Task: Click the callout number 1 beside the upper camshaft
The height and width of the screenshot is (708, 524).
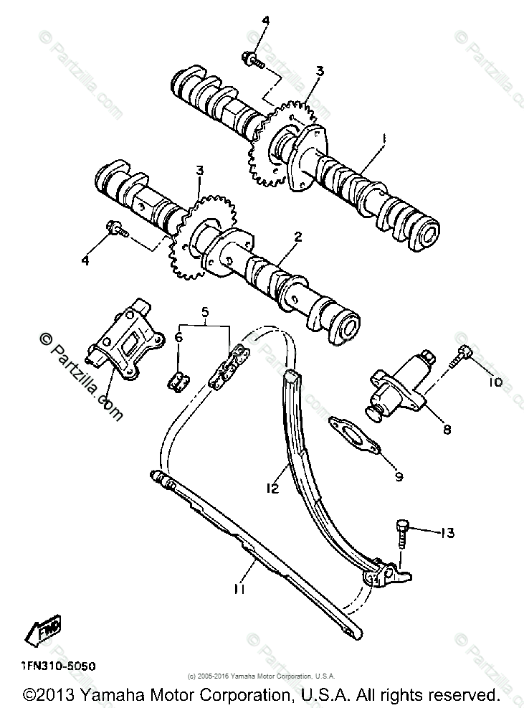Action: tap(384, 138)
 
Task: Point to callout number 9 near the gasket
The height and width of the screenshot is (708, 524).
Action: tap(399, 476)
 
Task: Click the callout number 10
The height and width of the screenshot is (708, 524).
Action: tap(496, 382)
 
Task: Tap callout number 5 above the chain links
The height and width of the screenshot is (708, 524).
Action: tap(206, 312)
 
